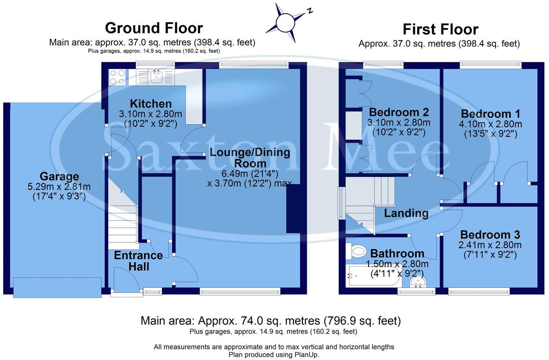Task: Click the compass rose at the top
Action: coord(286,22)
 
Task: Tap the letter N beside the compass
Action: coord(310,11)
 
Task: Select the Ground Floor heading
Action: coord(154,28)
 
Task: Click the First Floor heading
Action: coord(440,29)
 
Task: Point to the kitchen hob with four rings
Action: coord(117,77)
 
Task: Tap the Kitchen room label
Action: coord(151,104)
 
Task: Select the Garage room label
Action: coord(59,176)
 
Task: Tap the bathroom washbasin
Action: coord(418,282)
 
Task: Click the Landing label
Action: coord(406,213)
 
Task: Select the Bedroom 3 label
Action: coord(490,235)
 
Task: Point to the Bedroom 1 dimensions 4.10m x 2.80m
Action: coord(490,124)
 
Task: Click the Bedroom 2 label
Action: coord(399,112)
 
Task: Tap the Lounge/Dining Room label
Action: coord(250,158)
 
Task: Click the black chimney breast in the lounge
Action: coord(293,209)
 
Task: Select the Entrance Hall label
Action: coord(138,261)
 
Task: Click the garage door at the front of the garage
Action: coord(57,287)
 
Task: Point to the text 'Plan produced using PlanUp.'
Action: coord(274,354)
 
